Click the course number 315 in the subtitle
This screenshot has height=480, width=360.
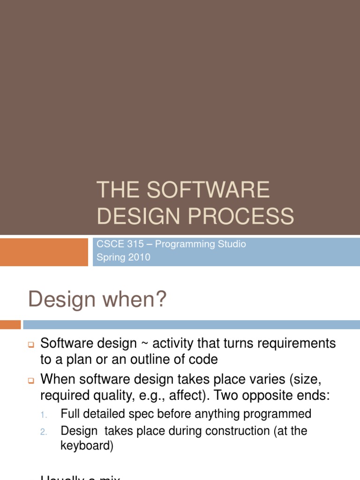pos(135,244)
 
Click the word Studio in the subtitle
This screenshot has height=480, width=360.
pos(230,244)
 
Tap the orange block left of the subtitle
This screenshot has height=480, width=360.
pos(44,252)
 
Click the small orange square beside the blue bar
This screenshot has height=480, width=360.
pos(10,324)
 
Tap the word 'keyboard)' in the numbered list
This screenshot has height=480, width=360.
pos(87,446)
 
